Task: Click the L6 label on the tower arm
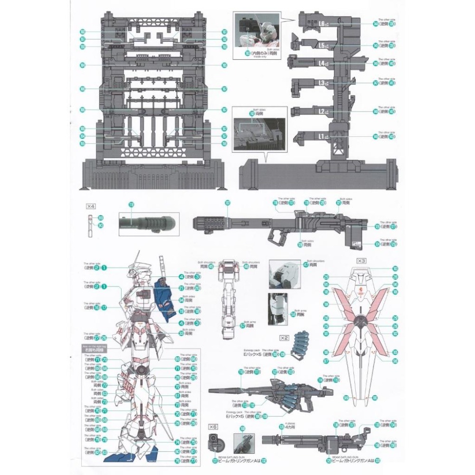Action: (x=322, y=23)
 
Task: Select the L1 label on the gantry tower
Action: (x=322, y=137)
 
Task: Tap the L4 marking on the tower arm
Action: (x=322, y=63)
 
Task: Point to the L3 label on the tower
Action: (x=322, y=83)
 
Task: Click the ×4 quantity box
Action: (x=91, y=206)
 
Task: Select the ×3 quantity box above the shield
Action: (x=361, y=261)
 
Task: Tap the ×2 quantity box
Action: (x=284, y=338)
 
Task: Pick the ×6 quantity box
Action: (x=212, y=426)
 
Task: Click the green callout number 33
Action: (x=181, y=333)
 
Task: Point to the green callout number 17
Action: (x=103, y=307)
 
